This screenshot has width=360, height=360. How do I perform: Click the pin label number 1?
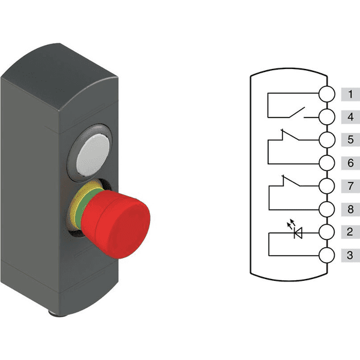[x=350, y=94]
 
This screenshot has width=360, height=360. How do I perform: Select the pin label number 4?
[x=350, y=117]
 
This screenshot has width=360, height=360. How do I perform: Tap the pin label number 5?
[x=350, y=140]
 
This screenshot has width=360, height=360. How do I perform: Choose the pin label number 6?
[x=350, y=163]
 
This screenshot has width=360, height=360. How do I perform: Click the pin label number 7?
[x=350, y=186]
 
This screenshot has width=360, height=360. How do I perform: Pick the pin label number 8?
[x=350, y=209]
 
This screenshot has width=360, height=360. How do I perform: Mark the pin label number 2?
[x=350, y=232]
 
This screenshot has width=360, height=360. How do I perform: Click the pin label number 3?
[x=350, y=255]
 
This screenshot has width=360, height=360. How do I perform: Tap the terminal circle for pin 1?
[x=326, y=94]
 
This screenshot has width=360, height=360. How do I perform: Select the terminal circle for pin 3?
[x=326, y=255]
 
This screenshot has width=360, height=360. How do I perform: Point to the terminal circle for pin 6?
[x=326, y=163]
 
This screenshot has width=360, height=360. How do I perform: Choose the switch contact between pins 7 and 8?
[x=292, y=182]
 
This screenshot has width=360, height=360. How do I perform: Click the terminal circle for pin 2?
[x=326, y=232]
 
